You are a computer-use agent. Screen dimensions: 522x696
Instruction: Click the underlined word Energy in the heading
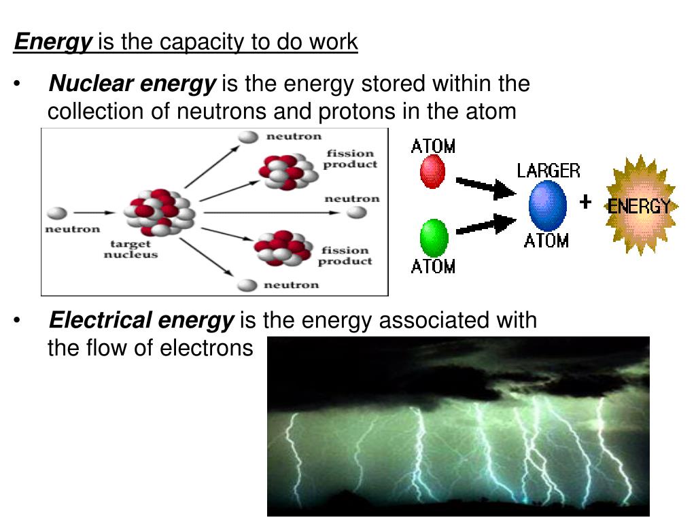click(53, 43)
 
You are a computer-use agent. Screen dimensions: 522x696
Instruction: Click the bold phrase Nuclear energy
click(133, 85)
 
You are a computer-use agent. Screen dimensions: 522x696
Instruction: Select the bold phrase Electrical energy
click(141, 320)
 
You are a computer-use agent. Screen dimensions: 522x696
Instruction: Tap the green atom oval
click(434, 239)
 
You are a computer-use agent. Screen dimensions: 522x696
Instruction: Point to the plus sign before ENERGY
click(585, 202)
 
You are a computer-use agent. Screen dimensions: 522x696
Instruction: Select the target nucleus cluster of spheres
click(159, 211)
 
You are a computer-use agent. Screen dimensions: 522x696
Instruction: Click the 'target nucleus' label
click(130, 249)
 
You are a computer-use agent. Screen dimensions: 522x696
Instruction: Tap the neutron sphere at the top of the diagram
click(248, 136)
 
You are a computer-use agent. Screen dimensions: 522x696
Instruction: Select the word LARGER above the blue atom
click(549, 170)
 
